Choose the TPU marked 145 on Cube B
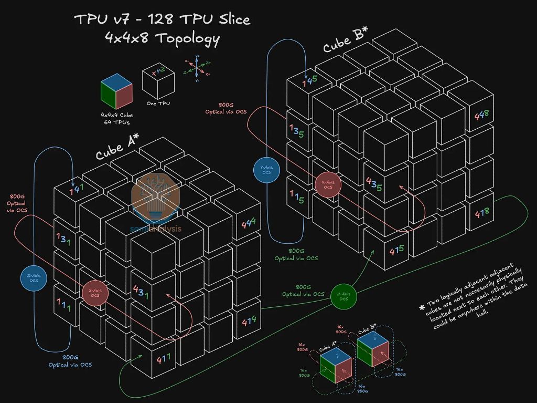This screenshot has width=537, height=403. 309,82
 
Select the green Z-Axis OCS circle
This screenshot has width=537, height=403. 343,297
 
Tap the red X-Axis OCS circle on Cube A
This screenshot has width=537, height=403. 95,293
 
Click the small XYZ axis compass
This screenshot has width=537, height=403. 197,68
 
